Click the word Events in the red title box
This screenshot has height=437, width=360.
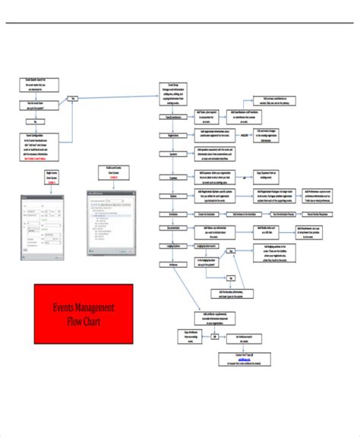click(x=65, y=307)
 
